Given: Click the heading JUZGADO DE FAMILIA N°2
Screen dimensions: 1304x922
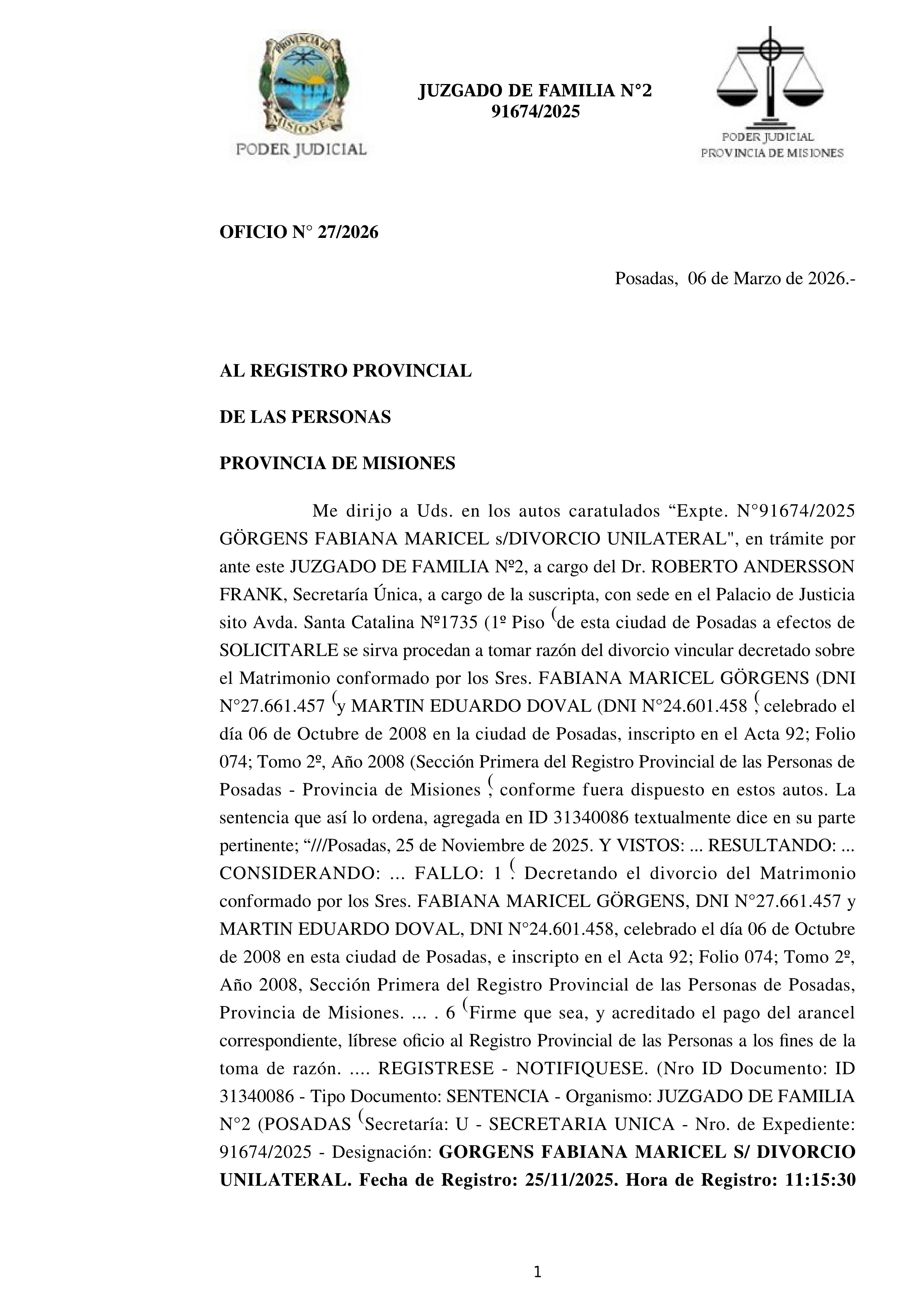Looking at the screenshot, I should tap(535, 91).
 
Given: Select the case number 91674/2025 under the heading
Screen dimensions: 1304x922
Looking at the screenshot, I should tap(535, 112).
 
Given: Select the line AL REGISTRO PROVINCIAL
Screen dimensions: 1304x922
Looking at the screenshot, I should tap(345, 371).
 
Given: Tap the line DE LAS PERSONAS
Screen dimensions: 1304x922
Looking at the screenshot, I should tap(305, 417).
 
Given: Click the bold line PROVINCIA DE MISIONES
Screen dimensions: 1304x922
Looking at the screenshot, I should tap(337, 464).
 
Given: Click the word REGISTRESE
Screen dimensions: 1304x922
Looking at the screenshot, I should tap(436, 1068).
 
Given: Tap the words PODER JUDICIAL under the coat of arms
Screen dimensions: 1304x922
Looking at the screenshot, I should tap(301, 149).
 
